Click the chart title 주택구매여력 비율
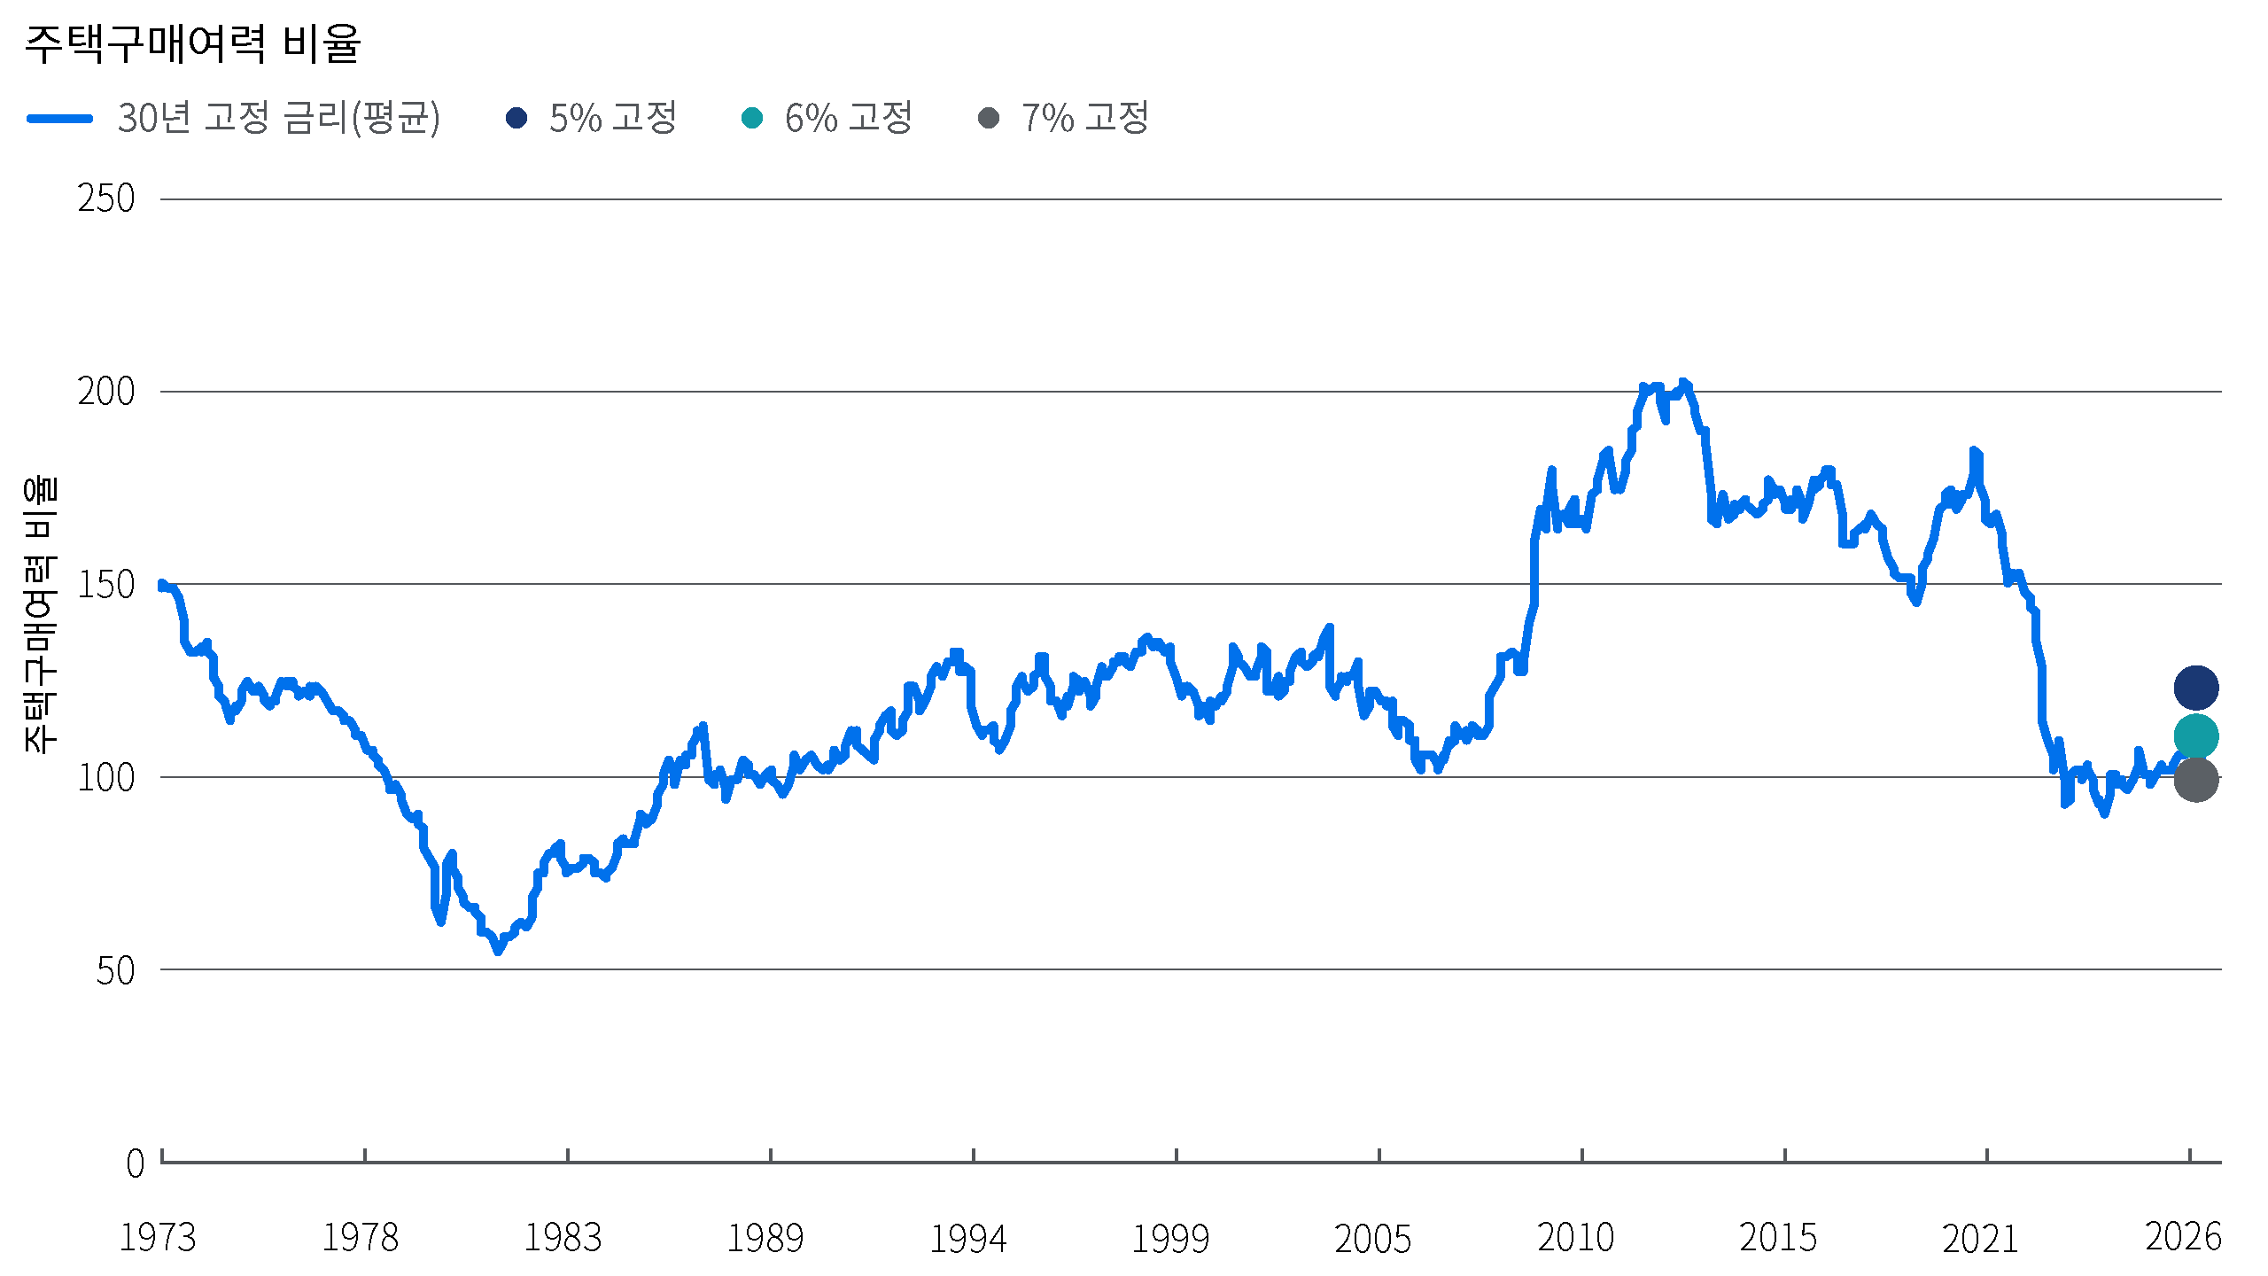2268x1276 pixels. pos(192,43)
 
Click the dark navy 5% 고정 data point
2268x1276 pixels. pos(2195,688)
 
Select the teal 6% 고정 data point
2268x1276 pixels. pos(2195,736)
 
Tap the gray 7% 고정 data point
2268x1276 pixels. pos(2195,780)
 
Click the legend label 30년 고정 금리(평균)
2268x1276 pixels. pos(278,118)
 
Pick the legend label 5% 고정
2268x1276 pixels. pos(612,118)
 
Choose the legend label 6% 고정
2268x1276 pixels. pos(848,118)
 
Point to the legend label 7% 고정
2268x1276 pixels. pos(1084,118)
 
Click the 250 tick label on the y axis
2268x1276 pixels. pos(106,198)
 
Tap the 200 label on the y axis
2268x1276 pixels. pos(106,391)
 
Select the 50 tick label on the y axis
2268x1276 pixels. pos(115,970)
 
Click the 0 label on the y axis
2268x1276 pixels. pos(135,1163)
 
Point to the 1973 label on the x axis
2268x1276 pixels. pos(158,1238)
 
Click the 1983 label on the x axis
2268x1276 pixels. pos(563,1238)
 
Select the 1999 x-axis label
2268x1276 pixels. pos(1170,1238)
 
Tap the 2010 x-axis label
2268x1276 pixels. pos(1576,1238)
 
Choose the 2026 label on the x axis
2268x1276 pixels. pos(2184,1238)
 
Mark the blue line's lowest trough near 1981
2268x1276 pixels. pos(498,951)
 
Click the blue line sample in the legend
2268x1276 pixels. pos(59,119)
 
